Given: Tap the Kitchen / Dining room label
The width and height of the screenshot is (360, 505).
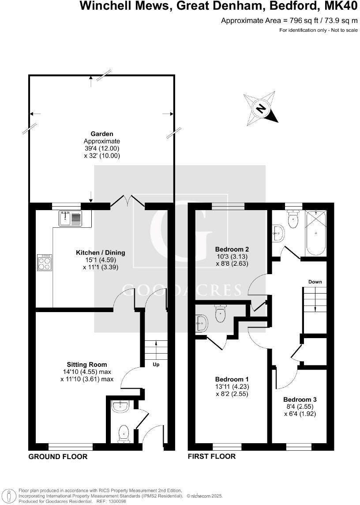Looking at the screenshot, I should pyautogui.click(x=101, y=253).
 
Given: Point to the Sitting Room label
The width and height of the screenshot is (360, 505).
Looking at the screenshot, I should pyautogui.click(x=87, y=365).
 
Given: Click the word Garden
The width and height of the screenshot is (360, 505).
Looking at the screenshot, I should pyautogui.click(x=102, y=133).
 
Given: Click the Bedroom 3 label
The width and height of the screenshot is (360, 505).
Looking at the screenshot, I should pyautogui.click(x=300, y=399).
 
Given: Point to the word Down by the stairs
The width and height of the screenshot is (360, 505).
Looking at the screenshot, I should pyautogui.click(x=315, y=282).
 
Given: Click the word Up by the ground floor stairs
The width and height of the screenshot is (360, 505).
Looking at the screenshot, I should pyautogui.click(x=156, y=365).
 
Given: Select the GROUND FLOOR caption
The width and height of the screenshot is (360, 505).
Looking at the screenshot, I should pyautogui.click(x=58, y=456).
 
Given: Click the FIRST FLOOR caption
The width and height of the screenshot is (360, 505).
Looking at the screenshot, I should pyautogui.click(x=212, y=456).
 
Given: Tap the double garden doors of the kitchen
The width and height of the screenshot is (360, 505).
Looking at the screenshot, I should pyautogui.click(x=127, y=202).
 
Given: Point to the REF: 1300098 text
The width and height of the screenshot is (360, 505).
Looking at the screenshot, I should pyautogui.click(x=113, y=501).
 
